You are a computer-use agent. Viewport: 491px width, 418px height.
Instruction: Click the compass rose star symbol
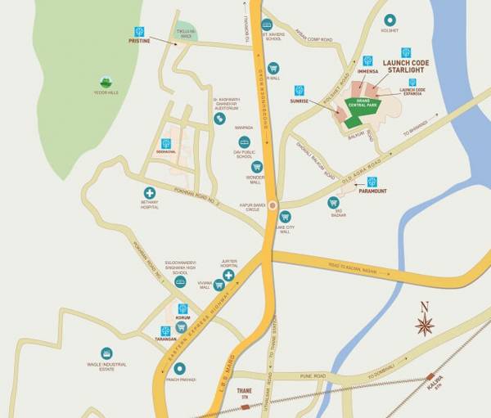point(424,325)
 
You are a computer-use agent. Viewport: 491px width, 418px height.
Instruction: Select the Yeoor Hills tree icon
point(105,82)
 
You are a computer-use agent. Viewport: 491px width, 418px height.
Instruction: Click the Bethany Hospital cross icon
point(150,193)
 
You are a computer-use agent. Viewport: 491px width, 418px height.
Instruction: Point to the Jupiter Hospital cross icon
point(229,276)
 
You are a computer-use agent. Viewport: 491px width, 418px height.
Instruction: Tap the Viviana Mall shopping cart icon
point(218,285)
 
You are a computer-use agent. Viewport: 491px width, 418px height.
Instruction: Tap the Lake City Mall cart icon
point(285,217)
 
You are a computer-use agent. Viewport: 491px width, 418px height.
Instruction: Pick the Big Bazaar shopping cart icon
point(333,202)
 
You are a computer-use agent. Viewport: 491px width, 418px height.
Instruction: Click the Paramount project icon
point(372,182)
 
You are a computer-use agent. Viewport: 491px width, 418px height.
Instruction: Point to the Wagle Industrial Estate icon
point(106,353)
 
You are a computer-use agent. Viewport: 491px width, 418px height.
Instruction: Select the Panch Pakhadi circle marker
point(179,369)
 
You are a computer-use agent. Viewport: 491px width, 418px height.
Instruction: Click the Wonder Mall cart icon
point(256,166)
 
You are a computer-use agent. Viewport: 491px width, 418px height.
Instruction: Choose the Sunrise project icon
point(299,90)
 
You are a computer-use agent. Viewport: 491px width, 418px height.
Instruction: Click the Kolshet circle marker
point(390,20)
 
